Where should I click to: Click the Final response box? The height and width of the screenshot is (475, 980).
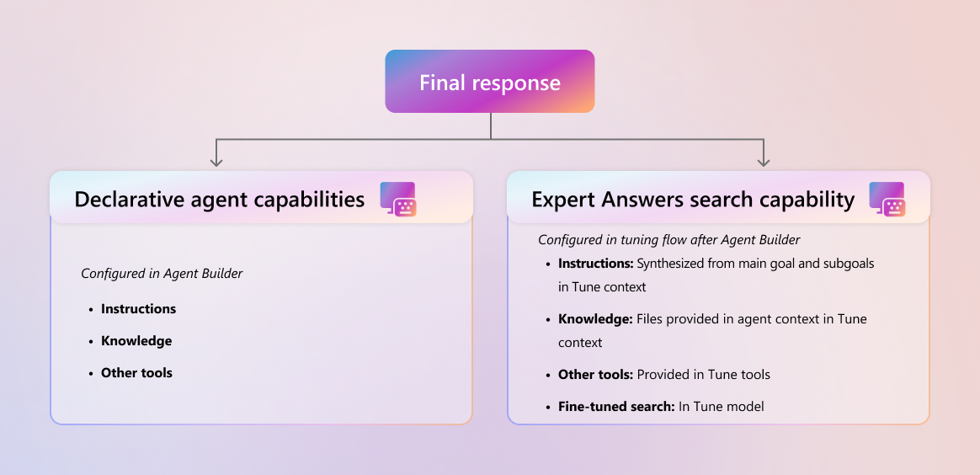click(489, 81)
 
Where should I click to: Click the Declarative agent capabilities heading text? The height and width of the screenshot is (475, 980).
click(220, 200)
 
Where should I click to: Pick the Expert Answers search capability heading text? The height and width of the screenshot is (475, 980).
click(693, 200)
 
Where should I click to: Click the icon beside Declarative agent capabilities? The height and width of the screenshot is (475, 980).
click(398, 200)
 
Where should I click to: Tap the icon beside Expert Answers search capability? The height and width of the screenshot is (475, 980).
click(887, 200)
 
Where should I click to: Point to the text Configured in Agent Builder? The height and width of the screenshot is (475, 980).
click(162, 273)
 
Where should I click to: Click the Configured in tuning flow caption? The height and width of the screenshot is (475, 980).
click(669, 239)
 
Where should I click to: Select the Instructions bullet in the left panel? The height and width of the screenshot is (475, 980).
click(138, 309)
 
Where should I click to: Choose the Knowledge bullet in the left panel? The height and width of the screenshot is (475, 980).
click(136, 340)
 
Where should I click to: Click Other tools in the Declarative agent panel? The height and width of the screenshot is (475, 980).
click(136, 373)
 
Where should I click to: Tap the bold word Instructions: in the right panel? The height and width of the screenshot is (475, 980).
click(595, 264)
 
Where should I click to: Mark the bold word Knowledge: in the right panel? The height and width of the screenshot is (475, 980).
click(595, 318)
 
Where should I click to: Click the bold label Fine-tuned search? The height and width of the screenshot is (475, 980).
click(616, 406)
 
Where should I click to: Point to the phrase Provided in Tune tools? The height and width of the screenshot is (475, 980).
click(703, 375)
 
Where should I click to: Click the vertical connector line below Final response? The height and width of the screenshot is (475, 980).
click(491, 125)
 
